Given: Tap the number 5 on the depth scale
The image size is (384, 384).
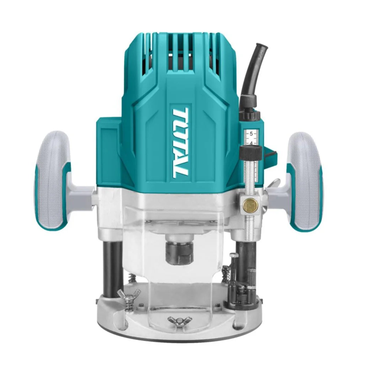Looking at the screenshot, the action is click(x=251, y=134).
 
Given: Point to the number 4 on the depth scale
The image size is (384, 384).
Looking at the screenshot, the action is click(x=251, y=143).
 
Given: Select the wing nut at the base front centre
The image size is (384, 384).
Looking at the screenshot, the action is click(x=180, y=320).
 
